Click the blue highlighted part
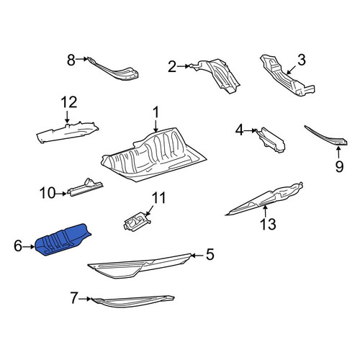tap(63, 240)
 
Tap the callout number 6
tap(18, 246)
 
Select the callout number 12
tap(69, 102)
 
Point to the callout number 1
tap(156, 112)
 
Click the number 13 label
tap(268, 224)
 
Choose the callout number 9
tap(339, 166)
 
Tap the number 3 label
tap(302, 60)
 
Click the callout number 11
tap(158, 198)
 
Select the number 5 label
tap(210, 254)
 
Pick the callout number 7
tap(74, 298)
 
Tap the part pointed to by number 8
tap(114, 70)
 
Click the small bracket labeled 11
tap(137, 222)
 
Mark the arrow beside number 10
tap(61, 194)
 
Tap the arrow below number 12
tap(67, 117)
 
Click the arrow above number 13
tap(265, 211)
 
